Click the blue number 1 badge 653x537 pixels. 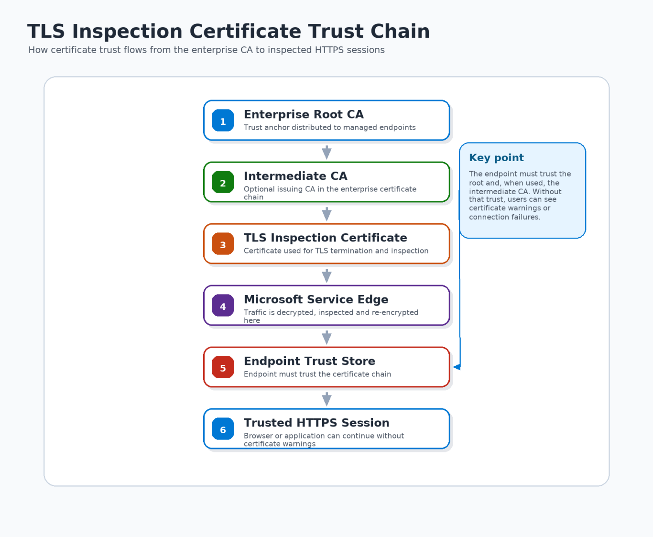pyautogui.click(x=223, y=120)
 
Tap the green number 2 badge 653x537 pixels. pyautogui.click(x=223, y=182)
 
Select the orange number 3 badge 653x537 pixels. pyautogui.click(x=223, y=243)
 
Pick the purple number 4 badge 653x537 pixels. pyautogui.click(x=223, y=305)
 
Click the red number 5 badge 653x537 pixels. pyautogui.click(x=223, y=367)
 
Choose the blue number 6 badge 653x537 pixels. pyautogui.click(x=223, y=428)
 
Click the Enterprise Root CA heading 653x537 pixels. pyautogui.click(x=304, y=114)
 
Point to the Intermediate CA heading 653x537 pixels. pyautogui.click(x=295, y=176)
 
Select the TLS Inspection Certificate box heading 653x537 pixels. pyautogui.click(x=325, y=238)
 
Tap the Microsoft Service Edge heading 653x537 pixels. pyautogui.click(x=316, y=299)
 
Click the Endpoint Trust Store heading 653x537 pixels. pyautogui.click(x=309, y=361)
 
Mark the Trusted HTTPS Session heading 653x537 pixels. pyautogui.click(x=316, y=422)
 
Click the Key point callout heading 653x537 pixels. pyautogui.click(x=496, y=158)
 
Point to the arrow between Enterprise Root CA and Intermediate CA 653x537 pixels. pyautogui.click(x=326, y=153)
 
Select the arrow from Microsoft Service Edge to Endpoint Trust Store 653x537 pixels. pyautogui.click(x=326, y=337)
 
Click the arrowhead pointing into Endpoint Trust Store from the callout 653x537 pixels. pyautogui.click(x=457, y=367)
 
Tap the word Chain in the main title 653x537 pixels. pyautogui.click(x=400, y=31)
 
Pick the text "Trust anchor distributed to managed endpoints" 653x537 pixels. pyautogui.click(x=329, y=127)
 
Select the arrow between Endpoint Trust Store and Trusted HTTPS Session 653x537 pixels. pyautogui.click(x=326, y=399)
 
